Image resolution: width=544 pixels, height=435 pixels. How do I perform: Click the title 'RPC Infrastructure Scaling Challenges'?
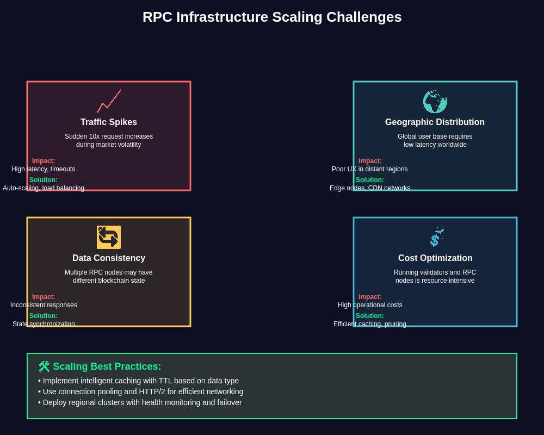272,17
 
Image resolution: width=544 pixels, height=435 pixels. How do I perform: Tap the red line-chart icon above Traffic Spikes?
109,102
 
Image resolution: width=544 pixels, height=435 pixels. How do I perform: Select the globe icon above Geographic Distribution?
435,102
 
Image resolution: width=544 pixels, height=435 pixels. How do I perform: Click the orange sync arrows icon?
109,238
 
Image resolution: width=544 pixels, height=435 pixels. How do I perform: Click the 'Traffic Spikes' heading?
109,122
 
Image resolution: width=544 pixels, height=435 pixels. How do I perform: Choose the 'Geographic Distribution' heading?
435,122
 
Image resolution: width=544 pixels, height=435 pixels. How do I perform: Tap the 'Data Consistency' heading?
109,258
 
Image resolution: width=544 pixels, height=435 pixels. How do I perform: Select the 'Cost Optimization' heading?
435,258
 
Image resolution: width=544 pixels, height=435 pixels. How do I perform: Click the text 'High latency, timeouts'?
44,169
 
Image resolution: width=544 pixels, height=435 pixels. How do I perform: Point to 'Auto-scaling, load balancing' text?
44,188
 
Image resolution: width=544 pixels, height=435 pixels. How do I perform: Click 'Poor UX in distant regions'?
370,169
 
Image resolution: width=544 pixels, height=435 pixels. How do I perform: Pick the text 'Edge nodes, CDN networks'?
370,188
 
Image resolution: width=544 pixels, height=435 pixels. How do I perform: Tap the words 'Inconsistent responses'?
44,305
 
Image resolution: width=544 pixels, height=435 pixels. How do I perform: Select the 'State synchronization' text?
44,324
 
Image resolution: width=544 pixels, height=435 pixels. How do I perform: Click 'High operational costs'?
370,305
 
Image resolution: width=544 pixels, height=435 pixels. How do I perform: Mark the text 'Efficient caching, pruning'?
370,324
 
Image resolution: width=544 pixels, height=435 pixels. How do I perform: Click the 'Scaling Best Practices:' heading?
107,366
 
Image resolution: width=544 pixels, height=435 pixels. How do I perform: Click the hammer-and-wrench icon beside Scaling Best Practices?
44,366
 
